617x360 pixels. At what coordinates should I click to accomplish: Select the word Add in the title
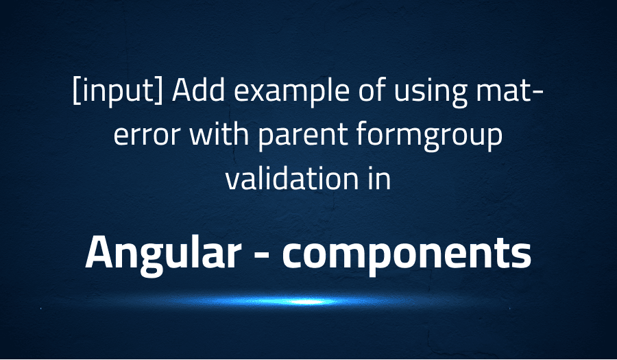click(193, 94)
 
